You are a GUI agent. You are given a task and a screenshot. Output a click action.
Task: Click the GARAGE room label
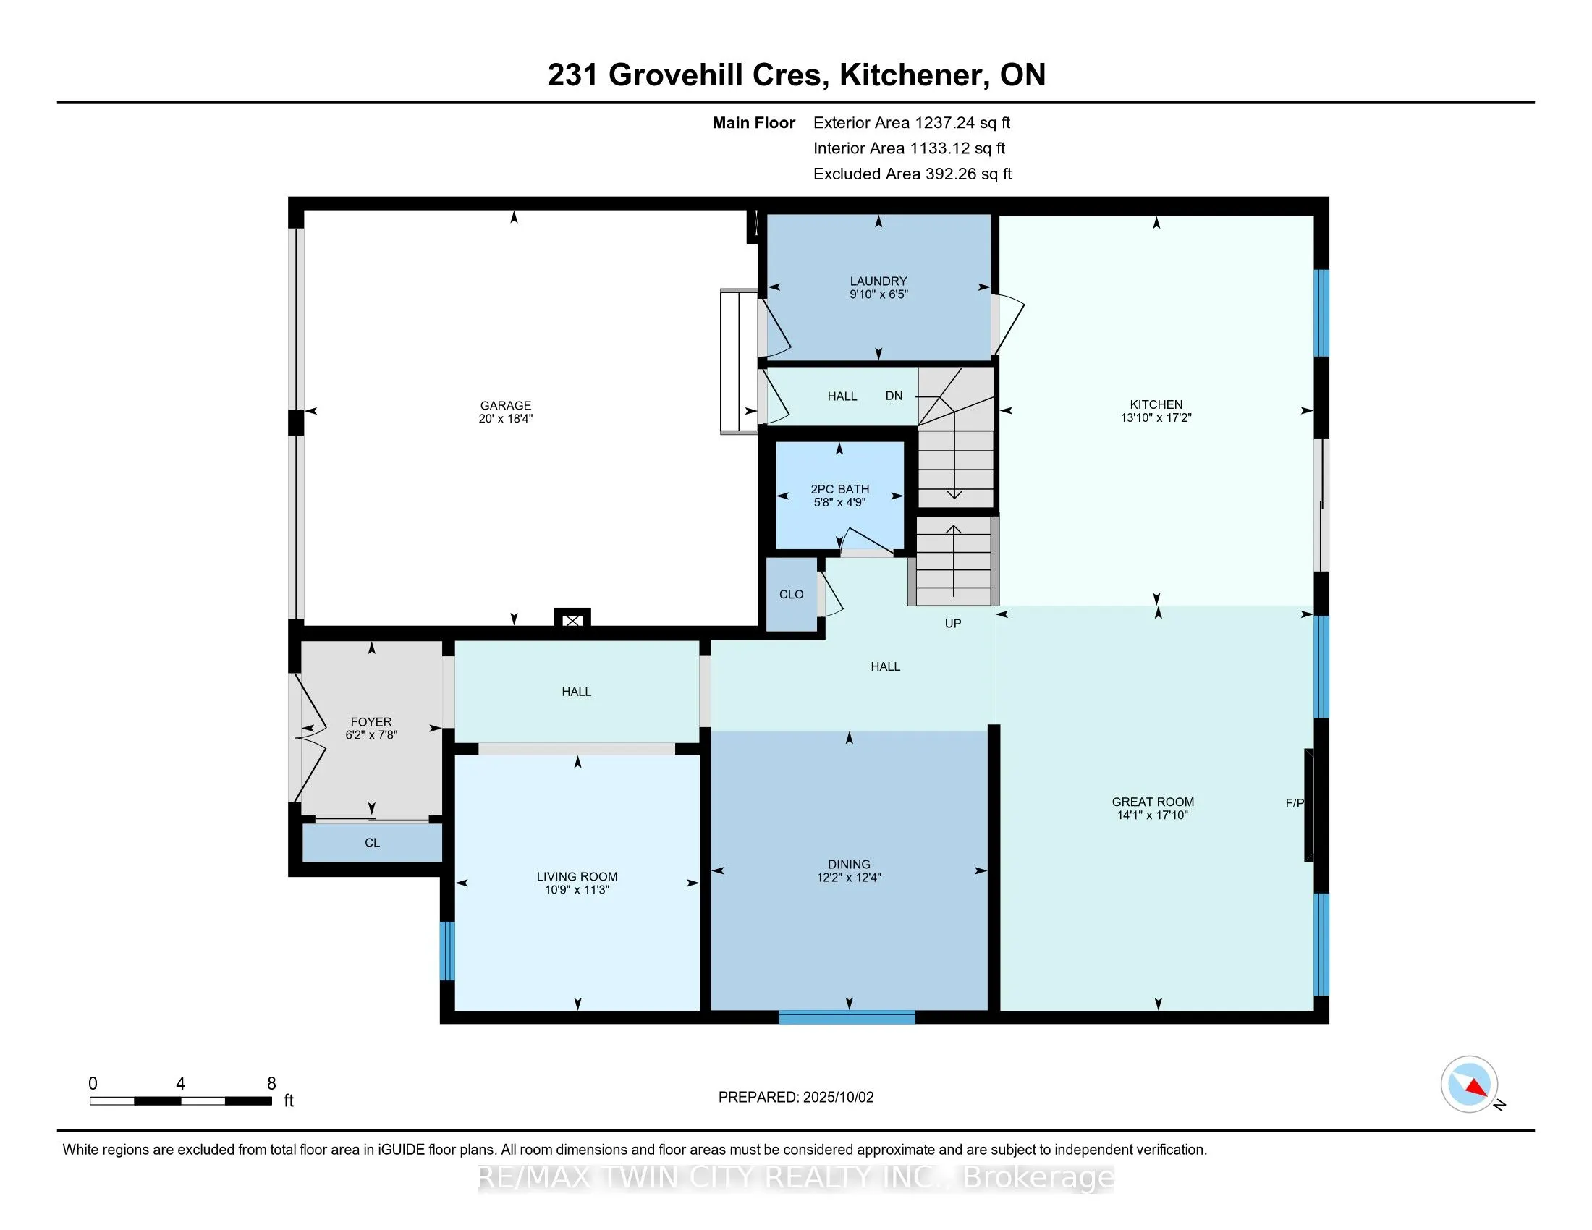point(505,405)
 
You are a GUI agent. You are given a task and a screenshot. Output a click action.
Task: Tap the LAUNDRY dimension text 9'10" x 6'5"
point(878,294)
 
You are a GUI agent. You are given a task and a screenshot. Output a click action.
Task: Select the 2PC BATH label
point(839,489)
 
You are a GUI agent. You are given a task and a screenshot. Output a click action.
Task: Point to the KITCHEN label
point(1156,404)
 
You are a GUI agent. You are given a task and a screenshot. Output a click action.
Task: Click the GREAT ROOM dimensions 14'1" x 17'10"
point(1153,815)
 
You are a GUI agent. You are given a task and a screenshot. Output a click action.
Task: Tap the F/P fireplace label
point(1295,803)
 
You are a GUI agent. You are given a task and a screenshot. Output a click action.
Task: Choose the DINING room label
point(850,864)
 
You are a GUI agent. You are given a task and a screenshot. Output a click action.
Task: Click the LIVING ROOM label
point(577,877)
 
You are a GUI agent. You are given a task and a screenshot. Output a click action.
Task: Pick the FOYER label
point(371,722)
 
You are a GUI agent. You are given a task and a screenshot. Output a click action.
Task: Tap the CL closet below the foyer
point(372,842)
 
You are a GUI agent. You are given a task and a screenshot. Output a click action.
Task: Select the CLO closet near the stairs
point(791,595)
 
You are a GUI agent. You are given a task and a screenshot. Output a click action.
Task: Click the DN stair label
point(894,396)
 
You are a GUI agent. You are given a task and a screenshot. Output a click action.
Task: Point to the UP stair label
point(953,623)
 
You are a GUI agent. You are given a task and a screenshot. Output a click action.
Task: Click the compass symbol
point(1470,1085)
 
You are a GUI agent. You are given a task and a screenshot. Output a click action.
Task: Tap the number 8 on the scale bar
point(271,1084)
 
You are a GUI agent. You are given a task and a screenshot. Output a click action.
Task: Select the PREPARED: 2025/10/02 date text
point(796,1098)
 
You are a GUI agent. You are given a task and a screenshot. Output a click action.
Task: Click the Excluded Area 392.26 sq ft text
point(913,174)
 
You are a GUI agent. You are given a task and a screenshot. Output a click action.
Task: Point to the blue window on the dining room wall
point(847,1017)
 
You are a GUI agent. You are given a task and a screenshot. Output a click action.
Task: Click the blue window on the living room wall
point(446,951)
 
